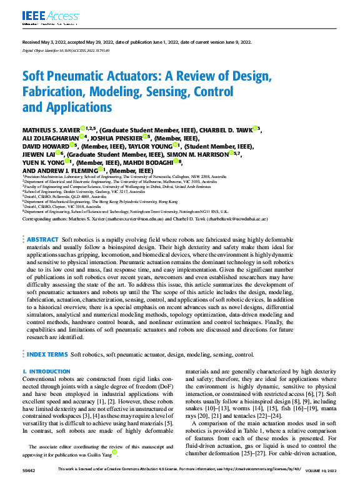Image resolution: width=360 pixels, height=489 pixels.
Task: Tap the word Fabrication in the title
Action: tap(53, 92)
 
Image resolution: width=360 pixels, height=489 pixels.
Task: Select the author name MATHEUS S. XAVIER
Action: tap(49, 129)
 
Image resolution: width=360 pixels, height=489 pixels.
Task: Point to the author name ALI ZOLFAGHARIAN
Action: tap(51, 138)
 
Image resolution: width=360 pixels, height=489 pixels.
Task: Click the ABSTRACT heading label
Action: tap(42, 240)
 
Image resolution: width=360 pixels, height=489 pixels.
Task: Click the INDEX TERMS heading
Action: tap(47, 354)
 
